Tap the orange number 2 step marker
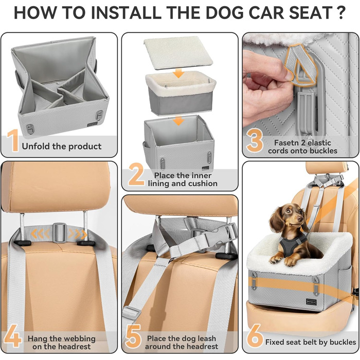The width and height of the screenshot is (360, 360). (136, 175)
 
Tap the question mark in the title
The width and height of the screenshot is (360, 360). (340, 13)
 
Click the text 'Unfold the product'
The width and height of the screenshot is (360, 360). (62, 147)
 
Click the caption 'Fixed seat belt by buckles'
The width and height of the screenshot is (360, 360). (310, 342)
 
